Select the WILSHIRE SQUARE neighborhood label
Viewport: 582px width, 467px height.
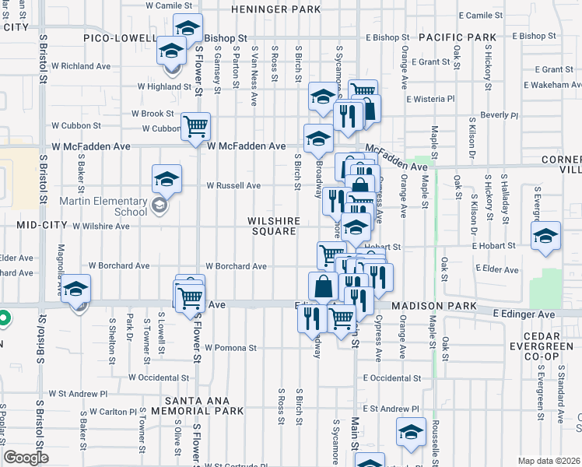point(273,226)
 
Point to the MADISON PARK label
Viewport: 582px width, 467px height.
point(433,307)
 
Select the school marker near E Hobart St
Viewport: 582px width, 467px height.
point(545,235)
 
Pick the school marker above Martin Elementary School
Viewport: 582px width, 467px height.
point(167,180)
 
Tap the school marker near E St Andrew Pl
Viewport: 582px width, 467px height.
point(411,432)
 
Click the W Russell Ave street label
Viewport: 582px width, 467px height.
point(233,186)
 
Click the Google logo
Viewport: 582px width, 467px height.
point(26,457)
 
